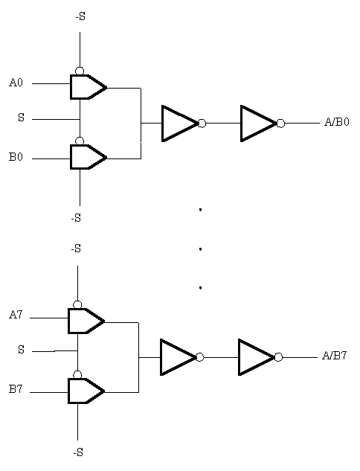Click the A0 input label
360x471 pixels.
point(16,83)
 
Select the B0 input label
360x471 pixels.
point(16,157)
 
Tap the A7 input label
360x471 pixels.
point(16,315)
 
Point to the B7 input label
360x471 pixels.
point(16,389)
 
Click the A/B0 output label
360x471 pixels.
point(337,122)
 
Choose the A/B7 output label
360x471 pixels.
point(335,356)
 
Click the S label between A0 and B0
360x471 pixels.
point(21,118)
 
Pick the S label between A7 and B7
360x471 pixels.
point(21,350)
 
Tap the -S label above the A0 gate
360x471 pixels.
point(80,16)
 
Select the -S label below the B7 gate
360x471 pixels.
point(78,452)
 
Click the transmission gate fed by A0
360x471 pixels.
point(89,87)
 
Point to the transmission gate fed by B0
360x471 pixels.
point(89,157)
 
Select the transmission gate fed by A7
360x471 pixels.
point(86,321)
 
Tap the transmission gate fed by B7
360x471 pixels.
point(86,391)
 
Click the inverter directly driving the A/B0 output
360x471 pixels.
point(259,124)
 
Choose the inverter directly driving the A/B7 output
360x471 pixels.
point(257,357)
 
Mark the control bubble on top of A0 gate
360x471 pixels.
point(80,71)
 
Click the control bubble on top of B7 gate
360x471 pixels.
point(77,374)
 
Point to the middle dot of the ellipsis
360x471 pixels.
point(200,249)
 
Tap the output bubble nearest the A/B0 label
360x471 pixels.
point(280,124)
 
